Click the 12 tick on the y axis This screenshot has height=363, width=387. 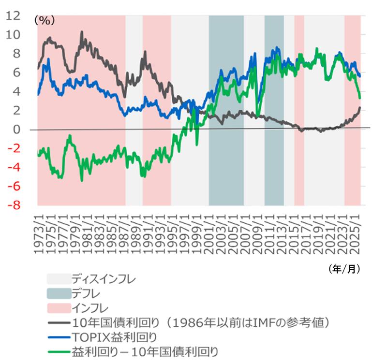tap(14, 15)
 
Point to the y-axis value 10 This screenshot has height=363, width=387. tap(14, 35)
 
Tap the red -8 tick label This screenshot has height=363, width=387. tap(15, 205)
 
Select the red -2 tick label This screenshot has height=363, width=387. tap(15, 148)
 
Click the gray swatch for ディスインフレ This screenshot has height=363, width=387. tap(58, 279)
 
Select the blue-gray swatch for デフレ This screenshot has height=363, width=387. tap(58, 293)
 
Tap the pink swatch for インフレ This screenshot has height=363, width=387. tap(58, 307)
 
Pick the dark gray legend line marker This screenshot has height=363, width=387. tap(58, 321)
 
